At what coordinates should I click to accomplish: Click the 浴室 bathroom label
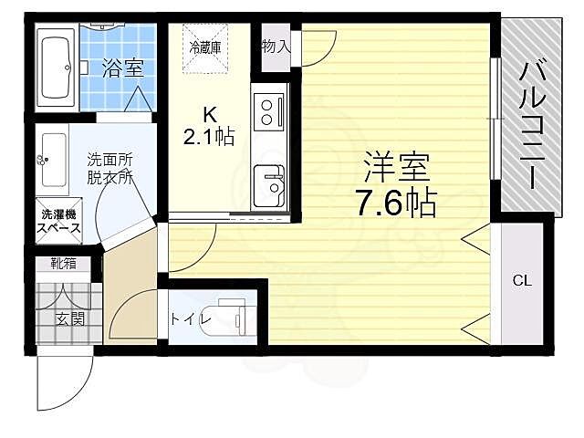click(x=121, y=68)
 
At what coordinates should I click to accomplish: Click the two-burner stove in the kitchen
click(x=267, y=110)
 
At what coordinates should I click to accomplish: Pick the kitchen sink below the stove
click(x=268, y=182)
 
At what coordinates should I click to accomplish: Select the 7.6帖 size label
click(x=396, y=202)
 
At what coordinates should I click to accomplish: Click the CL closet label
click(x=521, y=282)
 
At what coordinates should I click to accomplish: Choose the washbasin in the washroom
click(x=53, y=161)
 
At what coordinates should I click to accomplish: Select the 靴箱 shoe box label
click(x=64, y=266)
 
